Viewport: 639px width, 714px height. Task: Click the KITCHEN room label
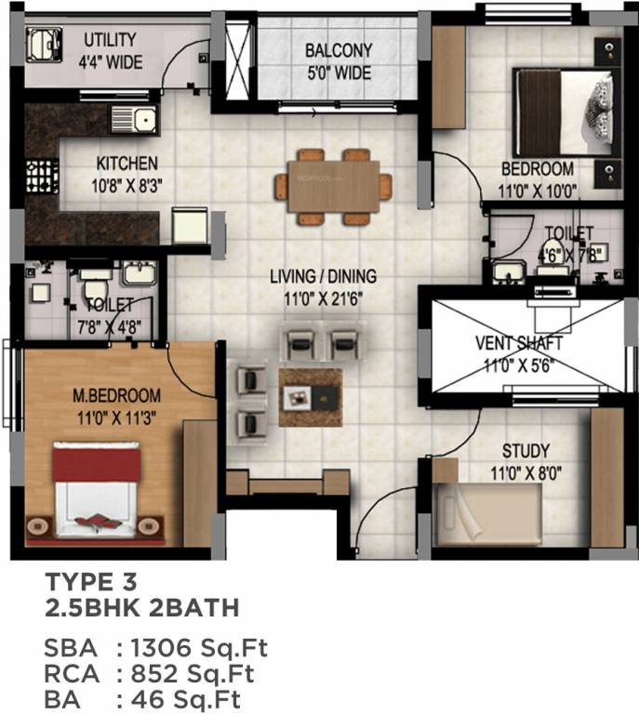click(126, 163)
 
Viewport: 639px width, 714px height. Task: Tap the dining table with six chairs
click(333, 187)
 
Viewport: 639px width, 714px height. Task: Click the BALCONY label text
click(339, 50)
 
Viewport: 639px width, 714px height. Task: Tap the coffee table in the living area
click(311, 397)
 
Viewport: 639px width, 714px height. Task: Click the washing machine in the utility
click(41, 43)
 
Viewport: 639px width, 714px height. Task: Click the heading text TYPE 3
click(91, 583)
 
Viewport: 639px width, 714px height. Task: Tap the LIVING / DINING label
click(323, 276)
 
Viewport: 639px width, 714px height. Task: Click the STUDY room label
click(526, 451)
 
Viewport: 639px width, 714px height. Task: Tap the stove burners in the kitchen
click(41, 176)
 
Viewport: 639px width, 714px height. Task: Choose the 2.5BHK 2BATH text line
click(141, 609)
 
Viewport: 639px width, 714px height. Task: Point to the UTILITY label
click(111, 40)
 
